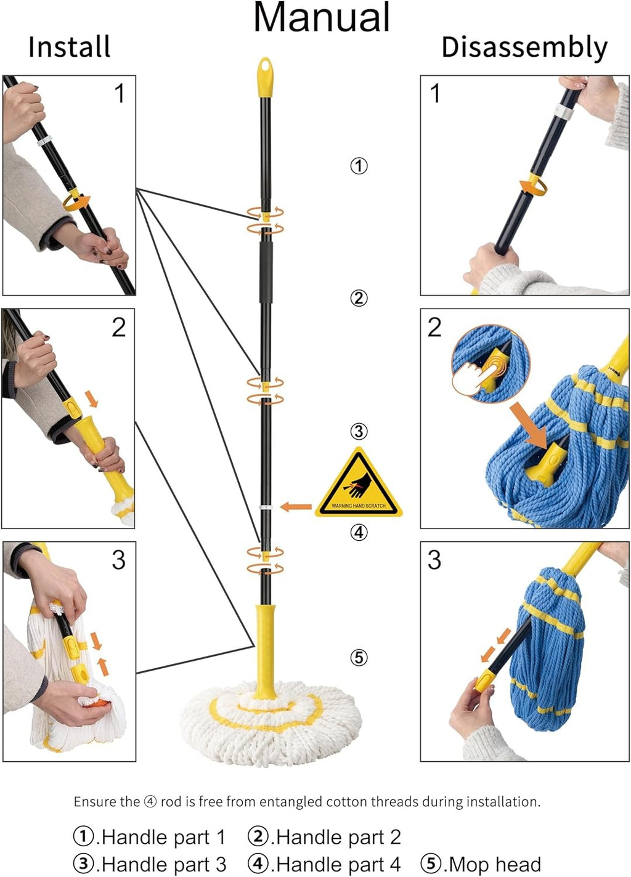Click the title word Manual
coord(322,18)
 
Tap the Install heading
coord(70,47)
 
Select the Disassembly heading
coord(524,48)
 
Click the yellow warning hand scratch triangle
coord(359,483)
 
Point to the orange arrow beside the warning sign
coord(296,507)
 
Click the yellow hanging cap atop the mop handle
coord(266,78)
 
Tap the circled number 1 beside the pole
coord(359,166)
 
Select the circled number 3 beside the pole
coord(359,432)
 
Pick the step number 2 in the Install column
coord(119,328)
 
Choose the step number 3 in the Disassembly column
coord(434,560)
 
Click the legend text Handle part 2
coord(339,837)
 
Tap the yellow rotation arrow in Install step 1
coord(76,200)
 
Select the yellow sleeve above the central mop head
coord(265,652)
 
